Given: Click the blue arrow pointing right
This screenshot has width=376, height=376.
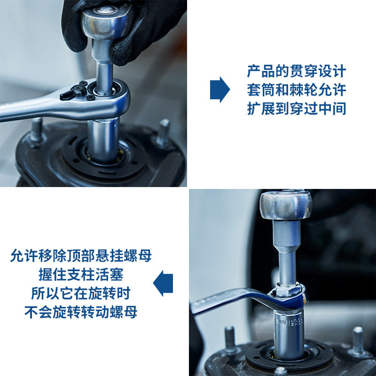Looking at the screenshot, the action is [219, 90].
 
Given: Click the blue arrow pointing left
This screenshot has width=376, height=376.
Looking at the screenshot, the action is [163, 283].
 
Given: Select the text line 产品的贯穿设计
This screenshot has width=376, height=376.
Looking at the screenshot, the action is [297, 71].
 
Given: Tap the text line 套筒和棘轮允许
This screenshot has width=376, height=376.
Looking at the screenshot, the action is [297, 90].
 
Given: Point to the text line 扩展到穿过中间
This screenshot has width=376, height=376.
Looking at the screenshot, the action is [297, 109].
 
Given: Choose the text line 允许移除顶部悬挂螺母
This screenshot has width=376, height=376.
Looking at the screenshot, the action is [81, 256].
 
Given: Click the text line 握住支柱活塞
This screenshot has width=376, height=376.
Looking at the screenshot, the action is [81, 274].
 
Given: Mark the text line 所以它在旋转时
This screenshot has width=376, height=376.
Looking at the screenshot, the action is [81, 293].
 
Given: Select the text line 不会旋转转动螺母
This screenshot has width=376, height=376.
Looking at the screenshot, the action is [81, 312].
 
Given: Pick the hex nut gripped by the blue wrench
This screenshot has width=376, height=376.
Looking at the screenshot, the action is [287, 290].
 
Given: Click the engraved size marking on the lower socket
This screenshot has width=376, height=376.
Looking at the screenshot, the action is [290, 321].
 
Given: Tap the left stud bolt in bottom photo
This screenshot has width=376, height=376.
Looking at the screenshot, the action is [230, 338].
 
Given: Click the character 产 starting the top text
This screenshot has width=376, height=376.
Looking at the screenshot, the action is [254, 71].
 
